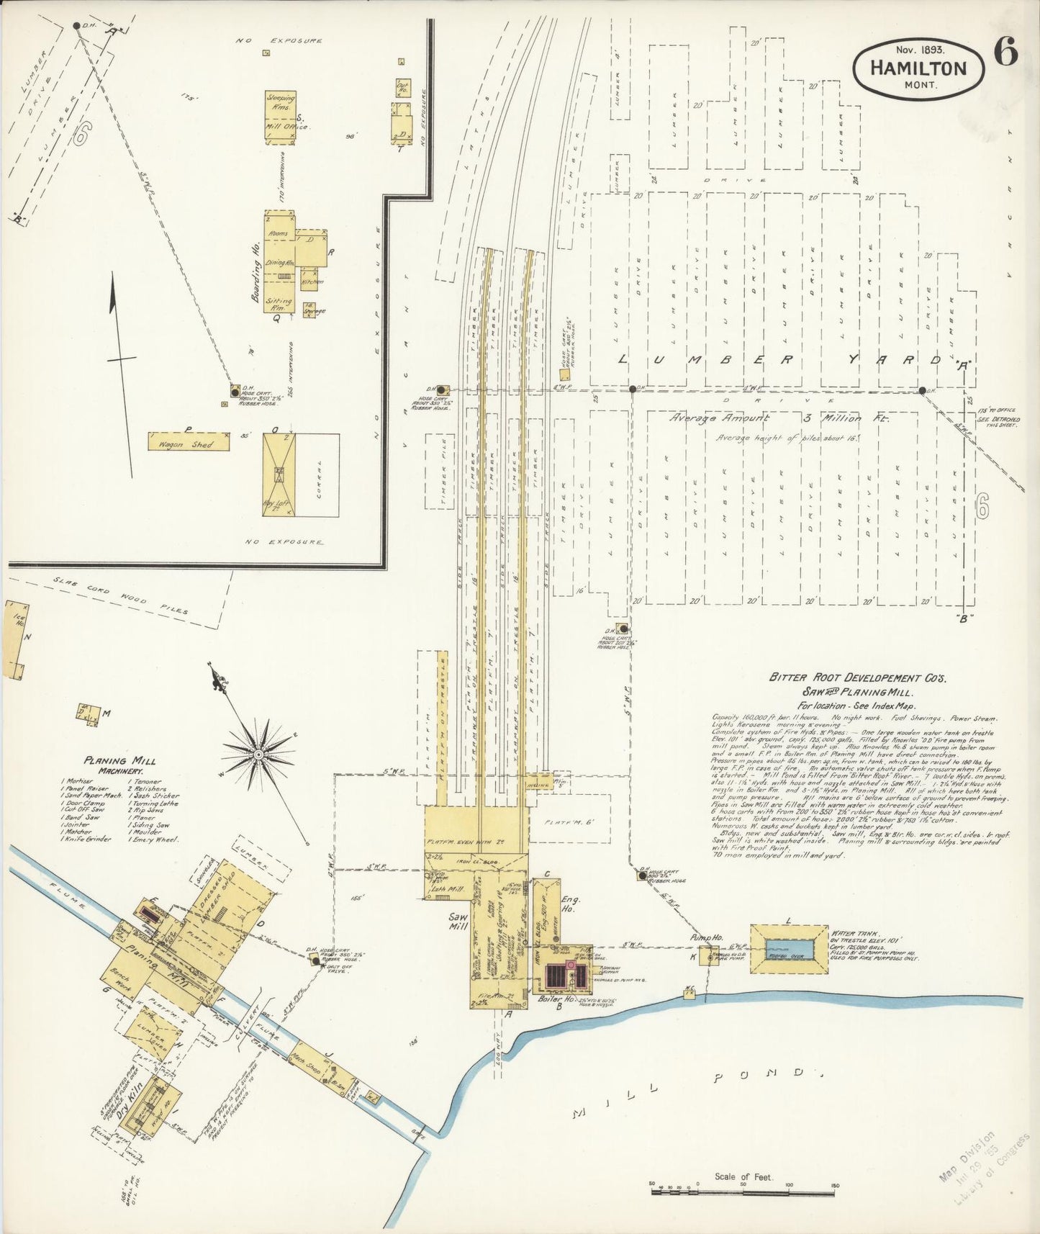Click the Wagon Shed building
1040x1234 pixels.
tap(189, 441)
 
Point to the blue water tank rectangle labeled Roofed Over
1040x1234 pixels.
tap(789, 950)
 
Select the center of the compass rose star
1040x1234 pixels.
tap(257, 753)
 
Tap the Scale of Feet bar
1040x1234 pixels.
tap(746, 1193)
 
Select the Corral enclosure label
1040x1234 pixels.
tap(317, 474)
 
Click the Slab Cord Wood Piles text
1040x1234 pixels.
tap(119, 595)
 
